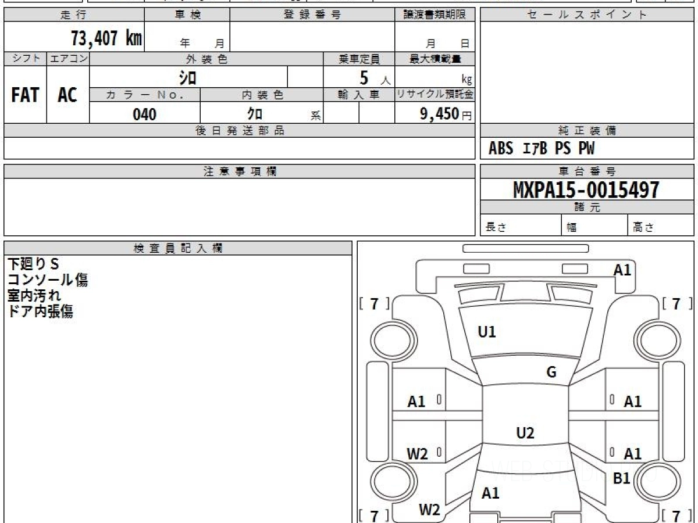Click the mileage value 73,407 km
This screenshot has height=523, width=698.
[106, 38]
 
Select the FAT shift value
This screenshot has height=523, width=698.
[25, 95]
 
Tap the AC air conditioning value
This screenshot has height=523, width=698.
[67, 95]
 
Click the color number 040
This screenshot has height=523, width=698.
[145, 114]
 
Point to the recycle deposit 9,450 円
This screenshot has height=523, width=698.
[446, 114]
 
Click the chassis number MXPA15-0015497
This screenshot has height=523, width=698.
[586, 190]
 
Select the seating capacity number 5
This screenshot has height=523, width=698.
[364, 78]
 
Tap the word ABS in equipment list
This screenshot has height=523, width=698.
[501, 148]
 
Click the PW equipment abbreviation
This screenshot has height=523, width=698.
[586, 148]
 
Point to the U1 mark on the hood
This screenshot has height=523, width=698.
[487, 332]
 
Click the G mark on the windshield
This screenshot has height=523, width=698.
[551, 372]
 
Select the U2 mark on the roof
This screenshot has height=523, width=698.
[525, 433]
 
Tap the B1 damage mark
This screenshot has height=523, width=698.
[621, 478]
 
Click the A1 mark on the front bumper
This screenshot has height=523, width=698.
[622, 270]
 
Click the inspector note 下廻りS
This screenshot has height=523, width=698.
[33, 264]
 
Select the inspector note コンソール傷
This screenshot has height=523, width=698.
[48, 280]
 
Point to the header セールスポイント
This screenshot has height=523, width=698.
[587, 15]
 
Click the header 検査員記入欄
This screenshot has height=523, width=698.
[178, 248]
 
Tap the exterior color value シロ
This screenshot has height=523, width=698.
[188, 78]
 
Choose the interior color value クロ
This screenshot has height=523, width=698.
[255, 114]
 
